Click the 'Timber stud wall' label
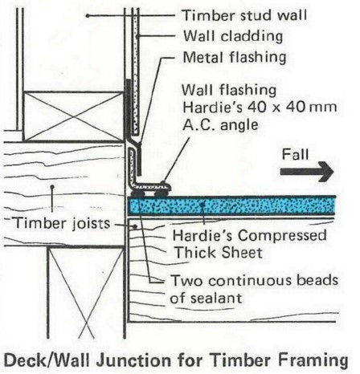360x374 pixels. click(244, 15)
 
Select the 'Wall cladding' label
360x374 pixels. click(233, 36)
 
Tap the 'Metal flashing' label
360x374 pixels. click(235, 58)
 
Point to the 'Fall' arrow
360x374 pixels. click(307, 172)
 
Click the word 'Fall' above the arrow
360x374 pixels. click(295, 155)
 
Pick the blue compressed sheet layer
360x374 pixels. click(231, 205)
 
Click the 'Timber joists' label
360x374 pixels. click(62, 223)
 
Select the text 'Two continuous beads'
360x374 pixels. click(255, 281)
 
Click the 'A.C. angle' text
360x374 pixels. click(220, 124)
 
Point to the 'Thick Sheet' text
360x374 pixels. click(219, 253)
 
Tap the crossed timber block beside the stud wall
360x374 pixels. click(73, 116)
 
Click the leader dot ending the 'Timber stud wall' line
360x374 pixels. click(88, 16)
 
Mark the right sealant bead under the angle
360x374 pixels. click(161, 193)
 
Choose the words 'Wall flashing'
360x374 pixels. click(229, 91)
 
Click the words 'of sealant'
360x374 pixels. click(206, 298)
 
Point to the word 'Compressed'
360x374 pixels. click(282, 236)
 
